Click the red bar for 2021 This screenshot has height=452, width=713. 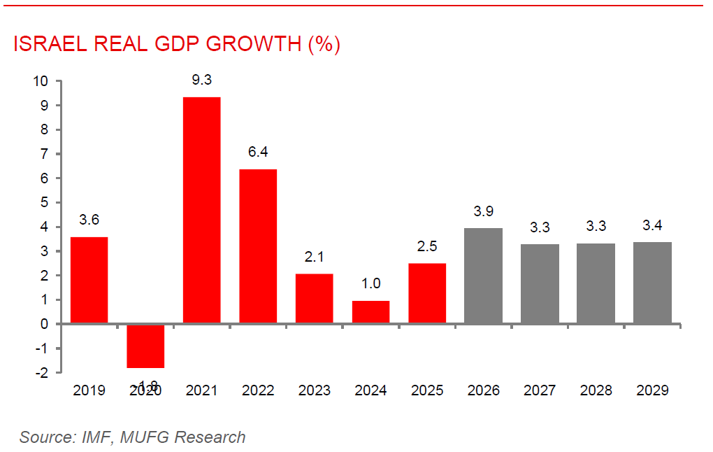(201, 210)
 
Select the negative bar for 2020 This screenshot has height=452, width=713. (145, 346)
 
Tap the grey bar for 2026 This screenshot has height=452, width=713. (484, 276)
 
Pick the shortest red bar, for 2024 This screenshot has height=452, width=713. (370, 312)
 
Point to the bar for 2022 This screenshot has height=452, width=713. (258, 246)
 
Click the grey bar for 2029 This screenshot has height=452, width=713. (652, 283)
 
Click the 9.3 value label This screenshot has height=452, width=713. (201, 80)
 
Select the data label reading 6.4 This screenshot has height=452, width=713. (258, 152)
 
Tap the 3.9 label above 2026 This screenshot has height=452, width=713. (484, 211)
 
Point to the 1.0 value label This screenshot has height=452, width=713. (370, 284)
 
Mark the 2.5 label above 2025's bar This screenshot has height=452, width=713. (427, 247)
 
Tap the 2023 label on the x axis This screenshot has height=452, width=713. (314, 390)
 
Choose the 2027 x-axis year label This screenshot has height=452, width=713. (540, 390)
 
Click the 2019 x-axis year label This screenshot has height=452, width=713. (89, 390)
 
